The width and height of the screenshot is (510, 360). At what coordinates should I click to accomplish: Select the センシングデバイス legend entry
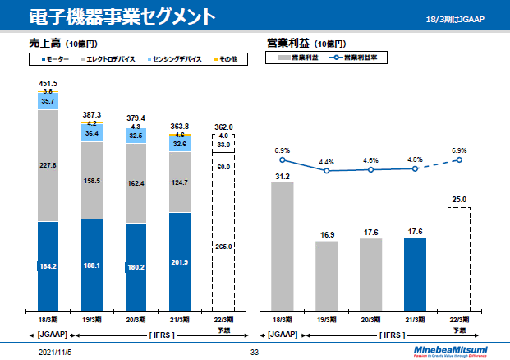[x=177, y=60]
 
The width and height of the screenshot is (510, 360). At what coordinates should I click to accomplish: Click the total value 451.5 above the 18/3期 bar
[x=48, y=84]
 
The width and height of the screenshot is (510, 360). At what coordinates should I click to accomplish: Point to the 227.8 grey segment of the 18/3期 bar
[x=48, y=165]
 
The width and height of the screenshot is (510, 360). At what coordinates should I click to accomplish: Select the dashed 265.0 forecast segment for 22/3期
[x=224, y=247]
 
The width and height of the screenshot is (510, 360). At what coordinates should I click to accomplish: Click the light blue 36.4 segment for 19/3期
[x=92, y=132]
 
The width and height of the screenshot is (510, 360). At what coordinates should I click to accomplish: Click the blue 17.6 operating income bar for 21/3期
[x=415, y=274]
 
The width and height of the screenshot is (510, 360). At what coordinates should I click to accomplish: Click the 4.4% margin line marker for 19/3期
[x=327, y=171]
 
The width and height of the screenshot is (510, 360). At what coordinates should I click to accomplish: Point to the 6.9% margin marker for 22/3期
[x=459, y=159]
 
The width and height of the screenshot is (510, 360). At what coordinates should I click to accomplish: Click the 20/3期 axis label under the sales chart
[x=136, y=320]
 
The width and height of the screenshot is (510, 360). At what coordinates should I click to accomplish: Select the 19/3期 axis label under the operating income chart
[x=327, y=320]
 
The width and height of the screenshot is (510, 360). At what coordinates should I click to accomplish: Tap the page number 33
[x=255, y=352]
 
